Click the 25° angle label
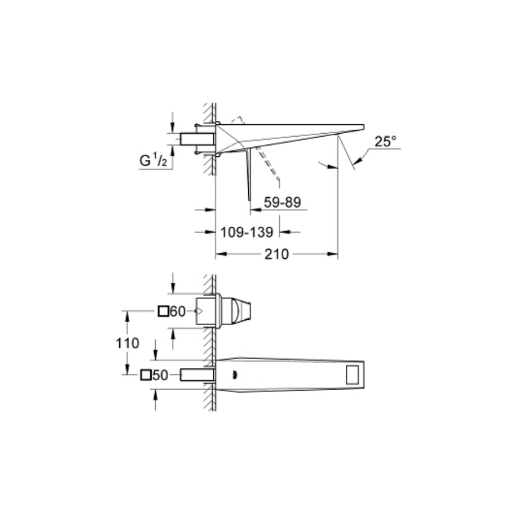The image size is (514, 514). pos(385,142)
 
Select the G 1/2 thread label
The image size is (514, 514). pos(153,160)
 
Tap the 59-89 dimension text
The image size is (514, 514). pos(282,203)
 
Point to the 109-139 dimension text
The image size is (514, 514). pos(246,232)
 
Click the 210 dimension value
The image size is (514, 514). pos(277,254)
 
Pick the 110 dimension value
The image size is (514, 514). pos(127,343)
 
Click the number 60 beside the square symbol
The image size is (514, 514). pos(177,311)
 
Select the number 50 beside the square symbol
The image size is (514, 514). pos(160,375)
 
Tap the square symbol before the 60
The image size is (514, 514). pos(164,311)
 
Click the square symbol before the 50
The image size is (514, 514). pos(146,375)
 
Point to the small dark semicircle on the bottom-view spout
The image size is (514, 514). pos(234,375)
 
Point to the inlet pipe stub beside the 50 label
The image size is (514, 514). pos(197,375)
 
